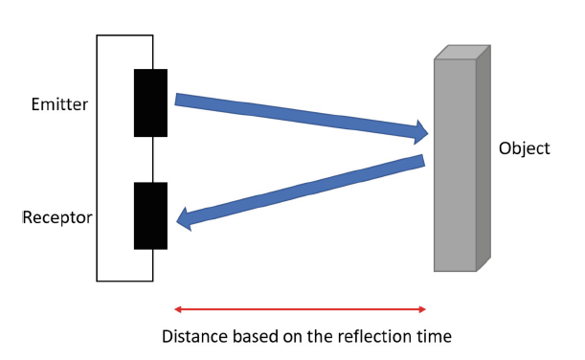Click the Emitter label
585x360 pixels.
60,103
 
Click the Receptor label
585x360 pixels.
57,217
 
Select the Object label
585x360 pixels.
525,149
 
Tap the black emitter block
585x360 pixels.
150,102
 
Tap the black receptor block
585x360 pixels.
150,215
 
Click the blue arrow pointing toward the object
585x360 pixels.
297,114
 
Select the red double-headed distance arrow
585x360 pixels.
300,308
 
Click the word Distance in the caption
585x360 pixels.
193,337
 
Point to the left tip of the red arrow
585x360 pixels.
176,308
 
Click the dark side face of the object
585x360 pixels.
484,158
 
